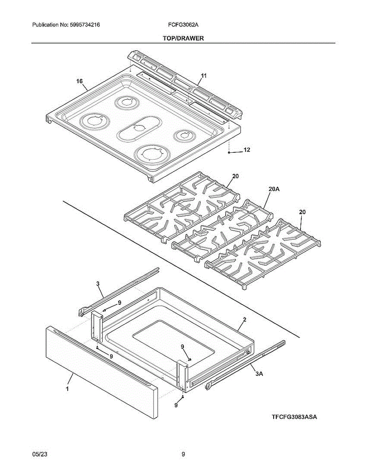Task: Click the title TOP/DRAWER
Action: pos(183,38)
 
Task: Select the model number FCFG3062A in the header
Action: pos(183,25)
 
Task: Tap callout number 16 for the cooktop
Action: pos(80,81)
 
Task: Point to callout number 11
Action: pos(204,75)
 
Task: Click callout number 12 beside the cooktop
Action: pos(247,150)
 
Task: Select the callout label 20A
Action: pos(274,190)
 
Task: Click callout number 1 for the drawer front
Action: pos(67,389)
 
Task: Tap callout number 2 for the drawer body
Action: pos(245,319)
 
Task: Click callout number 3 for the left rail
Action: pos(98,283)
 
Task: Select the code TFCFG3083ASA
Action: pos(295,417)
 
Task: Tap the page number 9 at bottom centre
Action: pos(183,454)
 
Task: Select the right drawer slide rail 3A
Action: pos(245,364)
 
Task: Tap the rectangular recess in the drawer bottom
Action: pos(174,336)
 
